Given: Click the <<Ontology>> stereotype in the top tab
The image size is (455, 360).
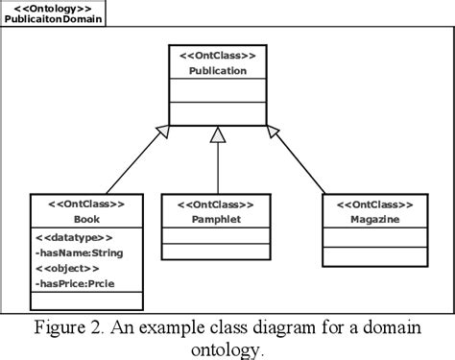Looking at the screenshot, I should point(54,7).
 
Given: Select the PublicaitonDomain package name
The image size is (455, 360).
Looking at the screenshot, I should point(54,19).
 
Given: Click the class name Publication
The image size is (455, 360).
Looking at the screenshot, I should point(217,70).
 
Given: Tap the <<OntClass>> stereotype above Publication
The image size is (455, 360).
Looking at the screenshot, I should point(217,56).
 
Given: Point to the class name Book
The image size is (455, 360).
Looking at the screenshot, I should point(86,220).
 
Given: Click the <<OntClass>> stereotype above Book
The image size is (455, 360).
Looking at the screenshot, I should point(86,205).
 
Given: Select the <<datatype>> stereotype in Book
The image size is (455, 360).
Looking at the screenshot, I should point(74,237).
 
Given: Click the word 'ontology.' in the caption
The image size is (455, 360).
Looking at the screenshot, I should point(227,349).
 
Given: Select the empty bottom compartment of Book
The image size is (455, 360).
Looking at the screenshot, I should point(86,301).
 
